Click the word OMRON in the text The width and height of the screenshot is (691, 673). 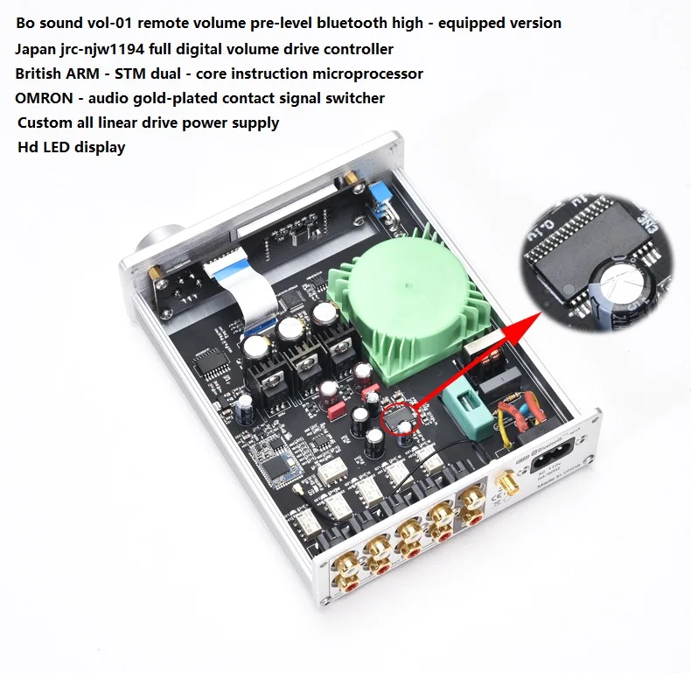tap(43, 98)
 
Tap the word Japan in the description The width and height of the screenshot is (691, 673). tap(37, 49)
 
